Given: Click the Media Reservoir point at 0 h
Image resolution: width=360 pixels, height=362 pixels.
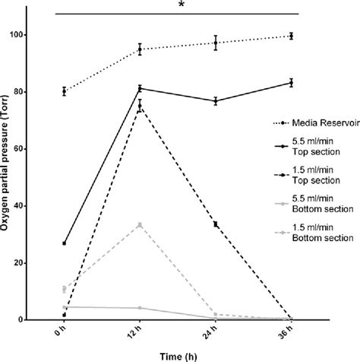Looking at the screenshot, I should click(65, 91).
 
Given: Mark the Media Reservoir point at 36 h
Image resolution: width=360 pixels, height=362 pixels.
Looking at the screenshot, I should click(292, 36).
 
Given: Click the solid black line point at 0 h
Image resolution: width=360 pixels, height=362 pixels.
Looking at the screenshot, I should click(65, 243).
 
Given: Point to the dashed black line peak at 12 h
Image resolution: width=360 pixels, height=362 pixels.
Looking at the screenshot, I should click(140, 106).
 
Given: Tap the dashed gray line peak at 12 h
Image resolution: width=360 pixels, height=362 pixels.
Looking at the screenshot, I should click(140, 225).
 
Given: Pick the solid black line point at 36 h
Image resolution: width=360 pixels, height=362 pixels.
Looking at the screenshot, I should click(292, 83).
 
